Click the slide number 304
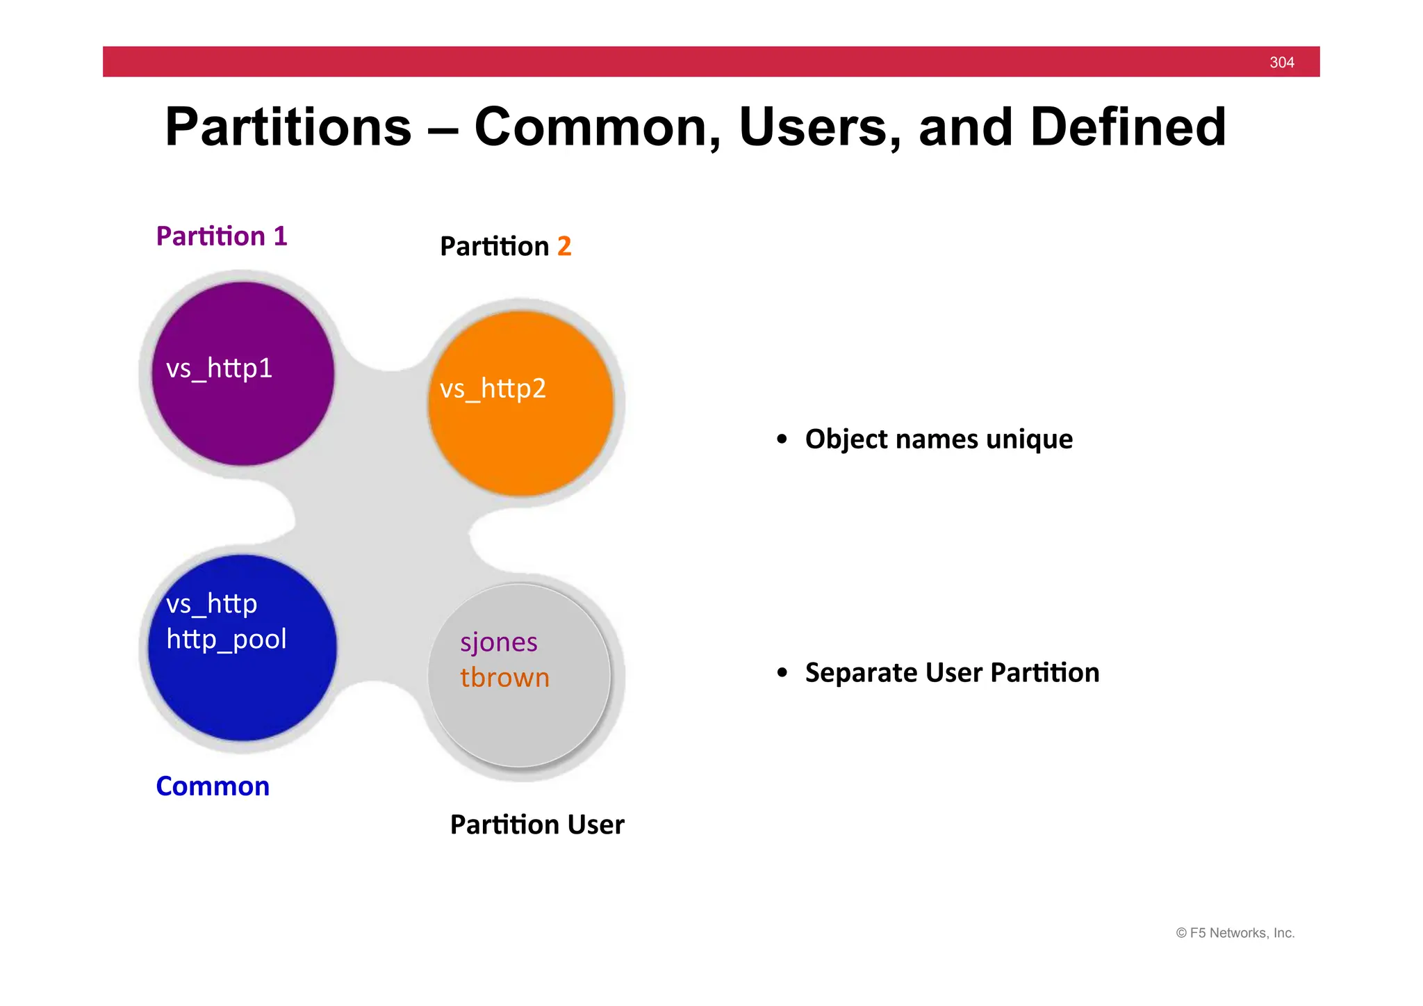point(1281,63)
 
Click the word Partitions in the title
point(288,127)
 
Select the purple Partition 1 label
point(222,236)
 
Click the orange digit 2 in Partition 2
point(564,247)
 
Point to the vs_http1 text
point(219,368)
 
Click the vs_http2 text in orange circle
point(493,389)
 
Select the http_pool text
point(227,640)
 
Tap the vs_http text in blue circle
point(211,603)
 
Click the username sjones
point(498,642)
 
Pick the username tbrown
point(504,678)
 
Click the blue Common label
point(213,786)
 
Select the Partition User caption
point(537,825)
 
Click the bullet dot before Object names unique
point(782,439)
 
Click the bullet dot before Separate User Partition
point(782,673)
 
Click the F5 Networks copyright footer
point(1235,933)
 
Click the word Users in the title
point(820,127)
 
